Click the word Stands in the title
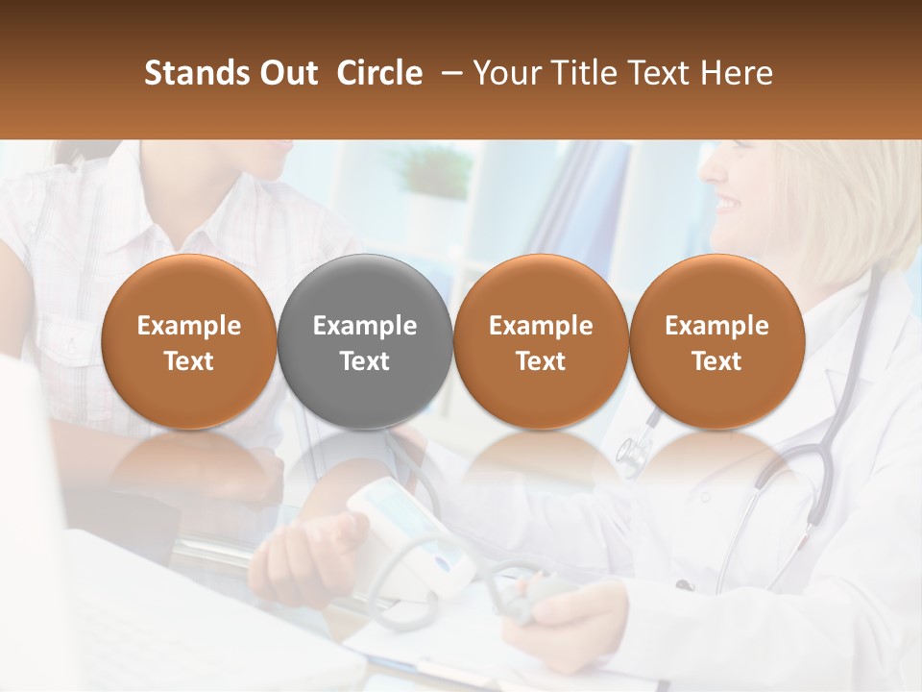pyautogui.click(x=190, y=73)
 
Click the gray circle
pyautogui.click(x=365, y=341)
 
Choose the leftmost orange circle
pyautogui.click(x=188, y=341)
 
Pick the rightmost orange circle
pyautogui.click(x=716, y=341)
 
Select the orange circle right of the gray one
pyautogui.click(x=541, y=341)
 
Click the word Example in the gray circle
pyautogui.click(x=365, y=326)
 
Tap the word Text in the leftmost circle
pyautogui.click(x=188, y=361)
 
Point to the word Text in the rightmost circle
pyautogui.click(x=716, y=361)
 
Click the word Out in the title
pyautogui.click(x=287, y=73)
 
